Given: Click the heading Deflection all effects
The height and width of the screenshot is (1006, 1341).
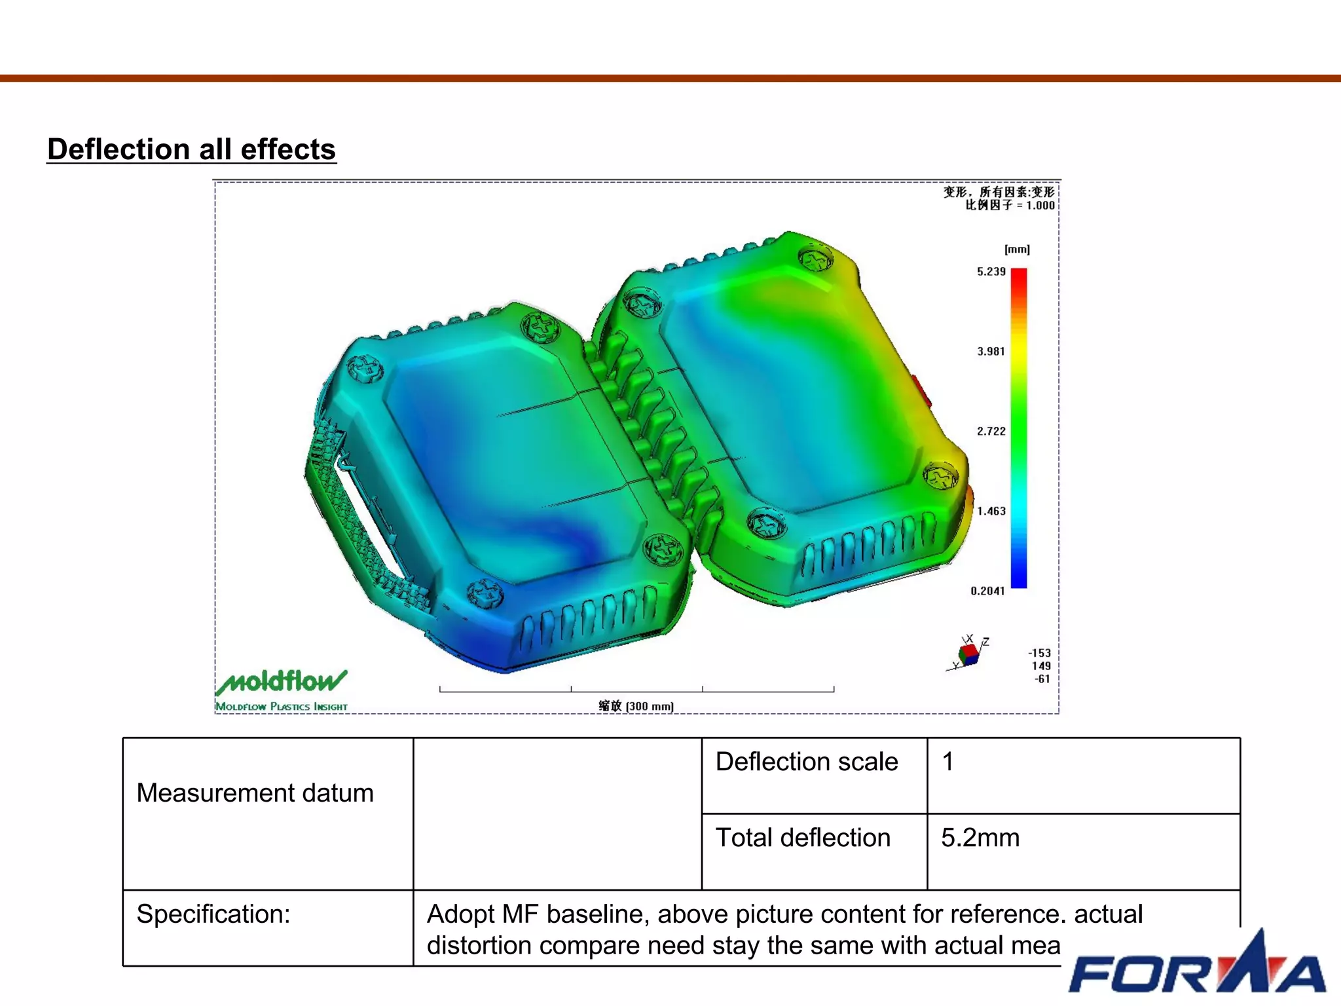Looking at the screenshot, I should pos(191,150).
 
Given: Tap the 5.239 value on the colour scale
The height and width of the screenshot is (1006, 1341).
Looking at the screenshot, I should pos(991,272).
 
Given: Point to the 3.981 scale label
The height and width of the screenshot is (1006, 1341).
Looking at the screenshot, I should pos(991,352).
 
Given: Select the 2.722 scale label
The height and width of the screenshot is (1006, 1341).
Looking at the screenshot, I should pos(991,432).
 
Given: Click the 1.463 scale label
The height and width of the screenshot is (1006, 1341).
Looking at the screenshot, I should pos(991,512).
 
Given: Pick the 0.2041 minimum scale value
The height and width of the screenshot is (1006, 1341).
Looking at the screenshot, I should pos(987,591).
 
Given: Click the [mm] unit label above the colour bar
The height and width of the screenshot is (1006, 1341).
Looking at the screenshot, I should pos(1017,250).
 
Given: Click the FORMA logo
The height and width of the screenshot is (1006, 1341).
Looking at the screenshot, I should pos(1197,969).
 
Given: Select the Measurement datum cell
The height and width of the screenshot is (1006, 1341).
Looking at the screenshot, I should pos(255,793).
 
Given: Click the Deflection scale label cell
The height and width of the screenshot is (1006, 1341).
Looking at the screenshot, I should pos(807,762).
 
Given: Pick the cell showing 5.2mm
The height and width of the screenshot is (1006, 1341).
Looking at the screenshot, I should pos(980,838).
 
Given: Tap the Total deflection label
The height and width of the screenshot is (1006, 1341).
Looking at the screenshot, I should pos(803,838).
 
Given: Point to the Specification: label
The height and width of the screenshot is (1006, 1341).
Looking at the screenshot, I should pos(213,914).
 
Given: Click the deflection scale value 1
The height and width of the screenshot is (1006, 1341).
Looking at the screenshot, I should pos(947,762).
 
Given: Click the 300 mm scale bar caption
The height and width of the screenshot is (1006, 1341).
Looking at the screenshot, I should pos(636,706).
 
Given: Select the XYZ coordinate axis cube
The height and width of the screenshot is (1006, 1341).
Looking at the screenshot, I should pos(968,654).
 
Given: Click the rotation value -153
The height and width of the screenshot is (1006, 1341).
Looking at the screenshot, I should pos(1039,653).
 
